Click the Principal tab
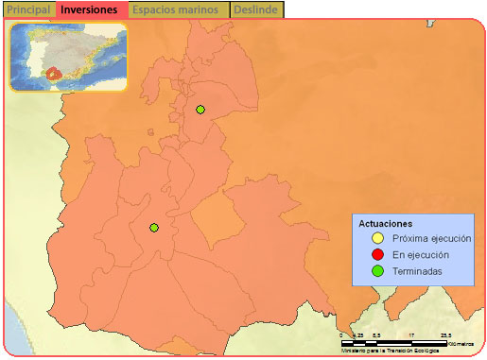pyautogui.click(x=28, y=9)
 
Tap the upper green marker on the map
pyautogui.click(x=200, y=111)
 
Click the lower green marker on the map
pyautogui.click(x=154, y=228)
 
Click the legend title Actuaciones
pyautogui.click(x=385, y=223)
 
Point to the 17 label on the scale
pyautogui.click(x=412, y=334)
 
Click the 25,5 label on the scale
pyautogui.click(x=445, y=334)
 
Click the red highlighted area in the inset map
pyautogui.click(x=53, y=72)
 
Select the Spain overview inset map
pyautogui.click(x=68, y=56)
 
